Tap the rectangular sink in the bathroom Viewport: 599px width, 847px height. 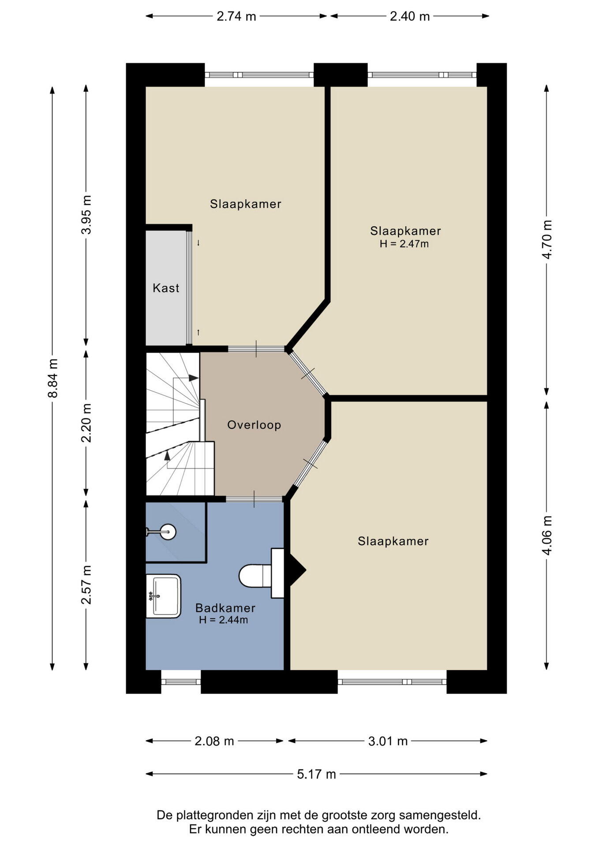click(163, 596)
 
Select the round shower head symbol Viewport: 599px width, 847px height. click(168, 532)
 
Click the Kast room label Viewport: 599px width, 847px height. click(166, 288)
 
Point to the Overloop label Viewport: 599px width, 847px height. click(254, 425)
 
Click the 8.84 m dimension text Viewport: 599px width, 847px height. click(53, 378)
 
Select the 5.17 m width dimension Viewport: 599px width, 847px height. click(317, 774)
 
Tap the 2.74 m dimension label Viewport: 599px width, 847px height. click(236, 16)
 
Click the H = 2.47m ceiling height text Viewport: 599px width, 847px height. click(404, 244)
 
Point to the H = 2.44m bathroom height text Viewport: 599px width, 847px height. click(223, 620)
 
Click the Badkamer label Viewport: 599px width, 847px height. click(225, 608)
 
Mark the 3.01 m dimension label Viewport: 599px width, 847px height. click(388, 741)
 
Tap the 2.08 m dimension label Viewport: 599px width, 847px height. click(214, 741)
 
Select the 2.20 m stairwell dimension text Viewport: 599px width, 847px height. click(86, 423)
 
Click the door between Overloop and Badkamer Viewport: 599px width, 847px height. click(255, 499)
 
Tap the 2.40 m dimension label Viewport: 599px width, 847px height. click(410, 16)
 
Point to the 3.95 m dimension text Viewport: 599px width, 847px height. click(86, 215)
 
